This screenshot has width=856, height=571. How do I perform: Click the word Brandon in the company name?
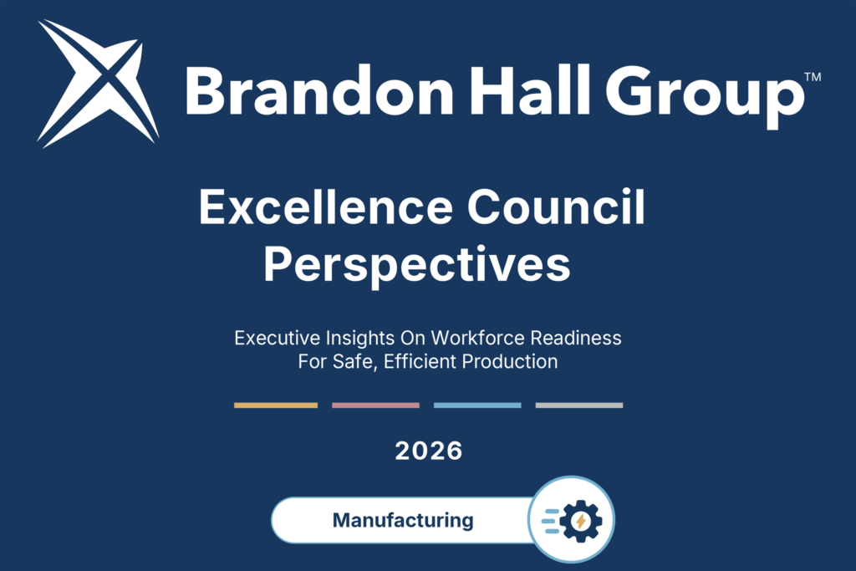pos(318,90)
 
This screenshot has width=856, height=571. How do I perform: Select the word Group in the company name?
pos(705,96)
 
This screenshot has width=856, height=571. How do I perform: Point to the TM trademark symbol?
pos(813,77)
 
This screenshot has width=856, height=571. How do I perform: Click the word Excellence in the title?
pos(325,206)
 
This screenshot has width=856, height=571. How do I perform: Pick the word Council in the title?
pos(556,206)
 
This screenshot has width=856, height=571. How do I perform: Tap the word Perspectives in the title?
pos(417,265)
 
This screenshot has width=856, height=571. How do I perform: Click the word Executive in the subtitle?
pos(278,338)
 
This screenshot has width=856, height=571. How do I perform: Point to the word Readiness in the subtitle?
pos(576,338)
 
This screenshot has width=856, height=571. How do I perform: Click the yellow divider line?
pos(276,405)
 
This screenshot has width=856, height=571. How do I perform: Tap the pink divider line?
pos(375,405)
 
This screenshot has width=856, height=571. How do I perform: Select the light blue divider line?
pos(477,405)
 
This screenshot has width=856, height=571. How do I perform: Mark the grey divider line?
pos(579,405)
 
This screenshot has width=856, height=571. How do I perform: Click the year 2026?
pos(429,451)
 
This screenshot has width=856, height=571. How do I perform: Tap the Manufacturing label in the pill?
pos(403,520)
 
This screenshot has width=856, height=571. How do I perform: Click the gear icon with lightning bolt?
pos(580,521)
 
